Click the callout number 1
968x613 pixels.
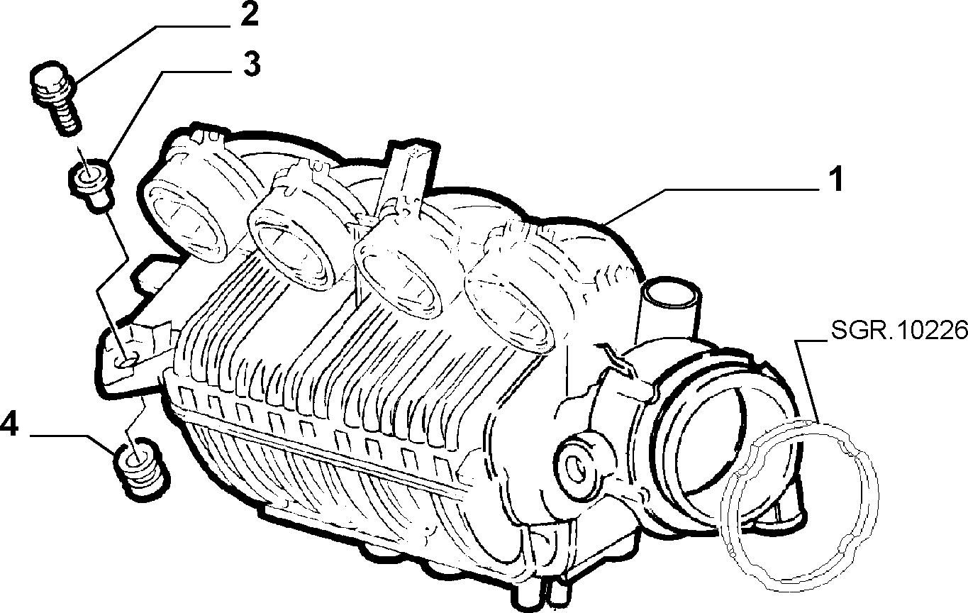(836, 180)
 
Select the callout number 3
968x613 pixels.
(251, 64)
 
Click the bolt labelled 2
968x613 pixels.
(55, 99)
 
